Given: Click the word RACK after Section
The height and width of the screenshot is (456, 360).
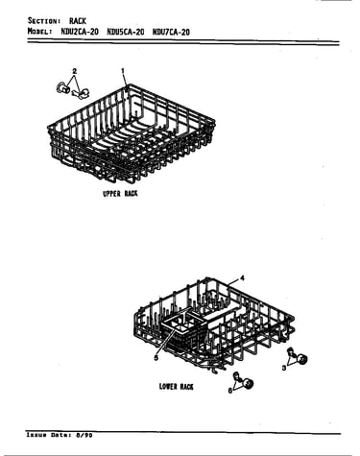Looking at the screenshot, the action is pos(78,21).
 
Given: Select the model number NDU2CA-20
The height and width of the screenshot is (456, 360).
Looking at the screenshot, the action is pos(80,32).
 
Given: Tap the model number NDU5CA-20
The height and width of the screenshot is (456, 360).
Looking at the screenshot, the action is pos(126,32).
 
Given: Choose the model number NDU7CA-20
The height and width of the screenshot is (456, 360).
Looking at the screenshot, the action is pos(171,32).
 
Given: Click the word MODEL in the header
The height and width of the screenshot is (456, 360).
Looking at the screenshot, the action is pos(39,32).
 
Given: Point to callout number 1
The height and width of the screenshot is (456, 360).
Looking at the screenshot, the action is pos(123,71).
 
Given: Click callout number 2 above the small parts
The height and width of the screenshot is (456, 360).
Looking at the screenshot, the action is pos(75,71).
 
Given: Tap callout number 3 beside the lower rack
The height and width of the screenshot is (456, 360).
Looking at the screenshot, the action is pos(284,368).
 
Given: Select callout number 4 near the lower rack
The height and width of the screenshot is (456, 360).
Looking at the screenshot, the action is pos(242,278).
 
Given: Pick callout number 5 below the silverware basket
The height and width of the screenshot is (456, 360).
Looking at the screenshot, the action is pos(156,358).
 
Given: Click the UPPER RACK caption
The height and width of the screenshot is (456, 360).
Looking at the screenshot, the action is pos(120,194).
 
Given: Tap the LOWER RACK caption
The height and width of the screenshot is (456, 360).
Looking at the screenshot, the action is pos(177,387).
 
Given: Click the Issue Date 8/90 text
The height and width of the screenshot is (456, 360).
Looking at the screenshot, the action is pos(60,435).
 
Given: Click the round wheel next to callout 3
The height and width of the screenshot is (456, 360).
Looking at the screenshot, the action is pos(301,359).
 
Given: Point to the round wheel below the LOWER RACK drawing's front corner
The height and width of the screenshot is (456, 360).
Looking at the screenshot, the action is pos(248,383).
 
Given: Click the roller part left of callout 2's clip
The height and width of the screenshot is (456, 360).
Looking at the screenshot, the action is pos(62,88).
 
